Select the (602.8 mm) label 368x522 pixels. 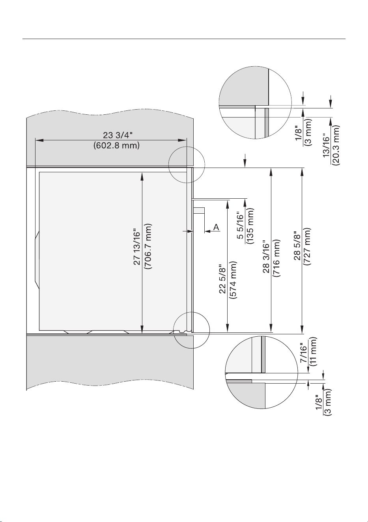click(116, 145)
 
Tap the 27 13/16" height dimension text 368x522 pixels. click(137, 248)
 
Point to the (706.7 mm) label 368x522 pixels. click(148, 246)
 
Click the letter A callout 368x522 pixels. click(217, 227)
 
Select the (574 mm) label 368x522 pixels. click(233, 280)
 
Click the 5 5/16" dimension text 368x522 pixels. click(240, 226)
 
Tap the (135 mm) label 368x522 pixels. click(250, 226)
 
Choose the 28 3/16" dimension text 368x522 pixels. click(266, 257)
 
